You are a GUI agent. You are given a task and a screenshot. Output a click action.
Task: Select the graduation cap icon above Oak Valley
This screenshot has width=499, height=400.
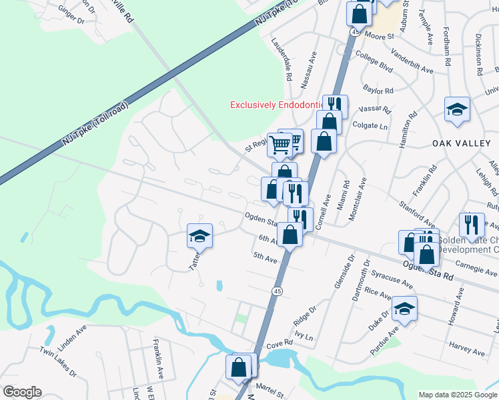[457, 110]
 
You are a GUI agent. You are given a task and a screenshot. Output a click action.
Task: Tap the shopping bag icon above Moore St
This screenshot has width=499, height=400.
[359, 13]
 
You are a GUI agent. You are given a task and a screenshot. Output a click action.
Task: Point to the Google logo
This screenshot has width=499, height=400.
[22, 392]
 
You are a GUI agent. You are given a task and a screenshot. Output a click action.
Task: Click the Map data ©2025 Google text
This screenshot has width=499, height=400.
[458, 395]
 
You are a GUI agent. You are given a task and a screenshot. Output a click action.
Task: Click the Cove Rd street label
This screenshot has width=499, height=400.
[280, 344]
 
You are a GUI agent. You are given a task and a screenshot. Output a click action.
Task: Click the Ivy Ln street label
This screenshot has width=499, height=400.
[303, 337]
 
